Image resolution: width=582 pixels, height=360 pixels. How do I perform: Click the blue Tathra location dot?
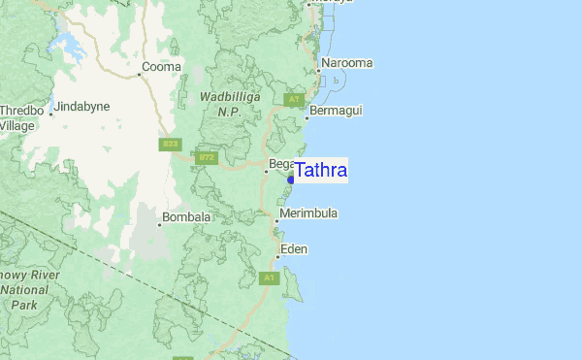[291, 180]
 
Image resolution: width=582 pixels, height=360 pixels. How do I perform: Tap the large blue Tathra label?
[321, 171]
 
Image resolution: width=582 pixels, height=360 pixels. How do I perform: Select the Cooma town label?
[161, 68]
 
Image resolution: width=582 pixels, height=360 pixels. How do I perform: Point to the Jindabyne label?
[83, 106]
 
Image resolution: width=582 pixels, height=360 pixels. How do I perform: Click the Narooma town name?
[347, 63]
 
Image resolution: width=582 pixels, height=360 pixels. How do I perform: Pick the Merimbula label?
[308, 213]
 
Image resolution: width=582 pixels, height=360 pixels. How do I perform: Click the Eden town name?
[294, 249]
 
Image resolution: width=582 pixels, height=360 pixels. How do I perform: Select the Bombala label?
[186, 217]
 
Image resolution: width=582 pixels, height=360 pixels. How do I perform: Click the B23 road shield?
[171, 144]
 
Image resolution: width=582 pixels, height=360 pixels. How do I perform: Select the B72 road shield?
[207, 156]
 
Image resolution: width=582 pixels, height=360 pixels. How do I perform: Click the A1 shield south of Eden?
[270, 278]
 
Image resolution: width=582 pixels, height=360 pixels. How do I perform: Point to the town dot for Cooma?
[138, 69]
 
